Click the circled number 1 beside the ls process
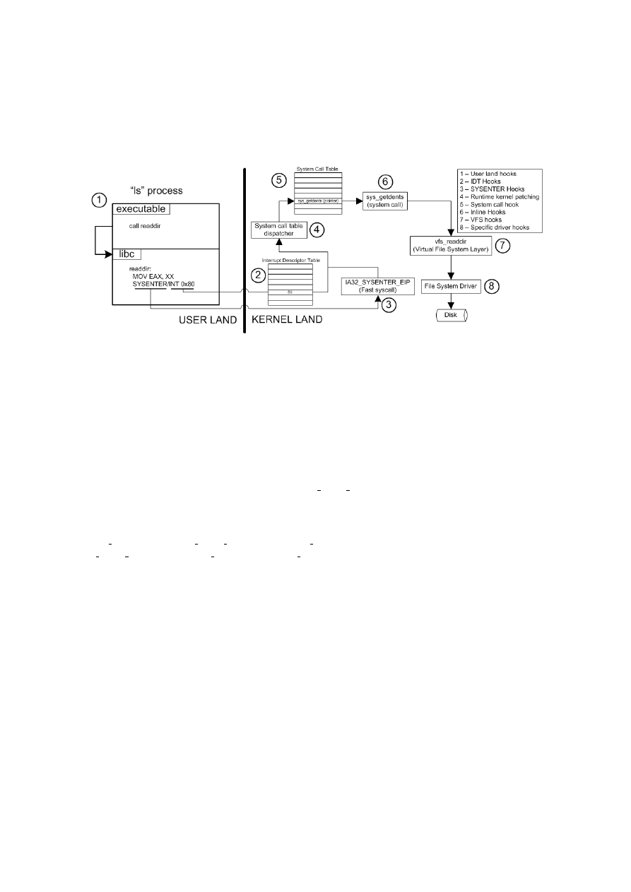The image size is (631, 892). pos(101,201)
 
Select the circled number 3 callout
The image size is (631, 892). pos(389,304)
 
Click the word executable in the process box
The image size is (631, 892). pos(141,208)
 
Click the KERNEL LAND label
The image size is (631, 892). pos(287,320)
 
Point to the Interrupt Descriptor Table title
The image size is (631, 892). pos(293,261)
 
